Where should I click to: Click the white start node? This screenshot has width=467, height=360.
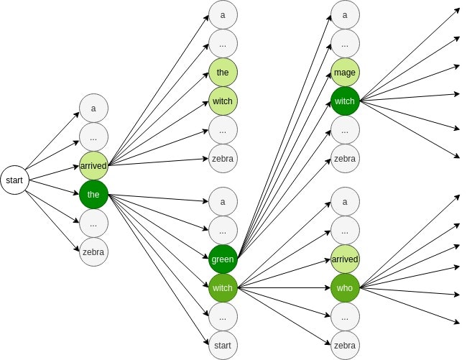tap(14, 180)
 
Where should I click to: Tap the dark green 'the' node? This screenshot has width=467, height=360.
tap(93, 193)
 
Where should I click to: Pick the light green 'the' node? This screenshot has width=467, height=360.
tap(223, 72)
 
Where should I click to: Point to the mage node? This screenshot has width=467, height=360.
tap(345, 72)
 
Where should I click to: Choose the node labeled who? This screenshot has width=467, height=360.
tap(345, 288)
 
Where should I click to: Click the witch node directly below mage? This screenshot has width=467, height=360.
tap(345, 101)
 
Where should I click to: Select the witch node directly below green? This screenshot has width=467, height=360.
tap(223, 288)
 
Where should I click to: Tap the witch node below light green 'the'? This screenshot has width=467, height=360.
tap(223, 101)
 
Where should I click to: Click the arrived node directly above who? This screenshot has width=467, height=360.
tap(345, 258)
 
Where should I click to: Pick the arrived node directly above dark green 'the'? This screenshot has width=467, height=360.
tap(93, 165)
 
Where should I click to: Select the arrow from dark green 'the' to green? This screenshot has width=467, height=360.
tap(158, 225)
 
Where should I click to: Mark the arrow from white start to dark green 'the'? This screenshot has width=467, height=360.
tap(54, 186)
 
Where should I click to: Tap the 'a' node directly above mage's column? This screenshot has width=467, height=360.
tap(345, 14)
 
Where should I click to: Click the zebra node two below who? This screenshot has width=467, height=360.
tap(345, 345)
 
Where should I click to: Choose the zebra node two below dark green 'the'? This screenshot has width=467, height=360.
tap(93, 251)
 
